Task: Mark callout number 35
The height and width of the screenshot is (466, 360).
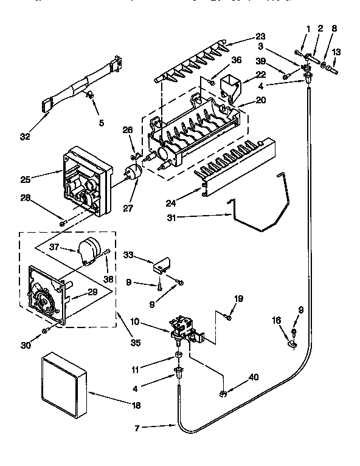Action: click(x=135, y=343)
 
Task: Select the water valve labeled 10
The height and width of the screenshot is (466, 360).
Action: click(x=182, y=328)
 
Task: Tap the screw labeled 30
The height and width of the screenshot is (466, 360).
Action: click(x=46, y=331)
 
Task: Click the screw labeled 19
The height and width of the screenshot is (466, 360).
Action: click(x=227, y=317)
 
